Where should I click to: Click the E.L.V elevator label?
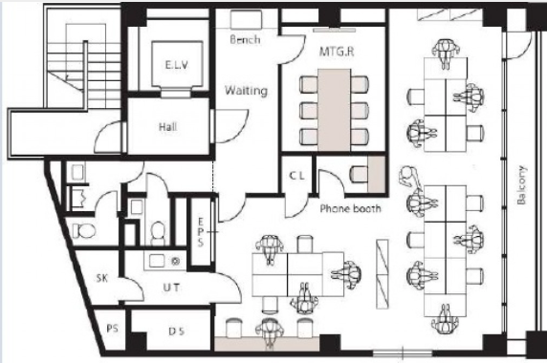pyautogui.click(x=177, y=65)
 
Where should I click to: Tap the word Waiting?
pyautogui.click(x=247, y=91)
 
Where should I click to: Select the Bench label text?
pyautogui.click(x=245, y=40)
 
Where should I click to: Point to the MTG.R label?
pyautogui.click(x=337, y=52)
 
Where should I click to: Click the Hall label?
pyautogui.click(x=167, y=127)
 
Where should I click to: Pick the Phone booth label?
pyautogui.click(x=351, y=208)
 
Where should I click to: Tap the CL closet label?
pyautogui.click(x=296, y=176)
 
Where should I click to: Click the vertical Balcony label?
pyautogui.click(x=521, y=185)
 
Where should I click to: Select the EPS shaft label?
pyautogui.click(x=201, y=232)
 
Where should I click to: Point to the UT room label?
pyautogui.click(x=171, y=288)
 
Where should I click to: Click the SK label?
pyautogui.click(x=102, y=278)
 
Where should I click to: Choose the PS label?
pyautogui.click(x=112, y=329)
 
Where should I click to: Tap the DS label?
pyautogui.click(x=177, y=331)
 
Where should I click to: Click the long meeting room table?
pyautogui.click(x=334, y=110)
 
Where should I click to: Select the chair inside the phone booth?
pyautogui.click(x=359, y=173)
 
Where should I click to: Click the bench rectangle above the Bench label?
pyautogui.click(x=246, y=19)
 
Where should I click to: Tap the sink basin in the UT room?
pyautogui.click(x=157, y=261)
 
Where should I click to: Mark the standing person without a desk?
pyautogui.click(x=409, y=177)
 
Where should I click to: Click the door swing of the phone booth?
pyautogui.click(x=332, y=181)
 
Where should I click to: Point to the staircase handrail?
pyautogui.click(x=85, y=75)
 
